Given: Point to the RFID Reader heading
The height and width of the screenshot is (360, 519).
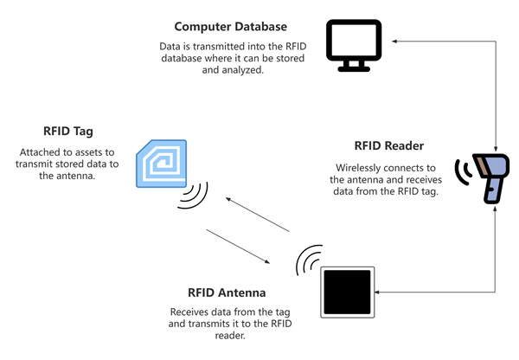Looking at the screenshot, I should point(389,145).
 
